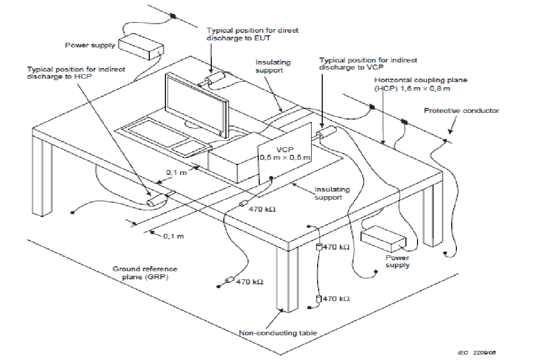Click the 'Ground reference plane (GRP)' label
145,273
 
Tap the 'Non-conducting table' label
278,333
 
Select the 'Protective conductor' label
461,110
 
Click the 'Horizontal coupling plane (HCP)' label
421,84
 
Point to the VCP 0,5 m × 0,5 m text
285,154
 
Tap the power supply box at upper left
141,47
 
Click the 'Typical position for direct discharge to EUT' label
252,34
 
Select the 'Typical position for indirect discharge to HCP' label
76,73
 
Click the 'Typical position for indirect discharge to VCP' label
368,64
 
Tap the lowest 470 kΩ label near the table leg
336,298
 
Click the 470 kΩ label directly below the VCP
262,209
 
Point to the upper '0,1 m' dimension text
176,172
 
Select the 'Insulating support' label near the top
273,66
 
